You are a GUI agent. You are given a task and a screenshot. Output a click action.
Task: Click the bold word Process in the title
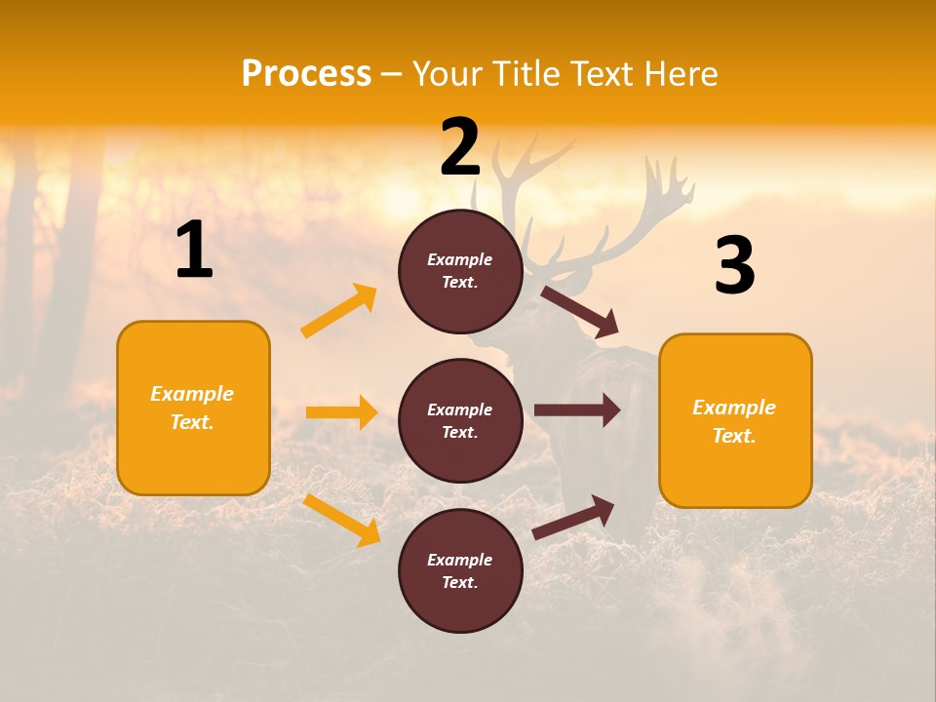click(x=306, y=74)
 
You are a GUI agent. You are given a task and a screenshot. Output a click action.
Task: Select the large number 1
click(x=194, y=252)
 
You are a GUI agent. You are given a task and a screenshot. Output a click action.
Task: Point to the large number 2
click(x=460, y=147)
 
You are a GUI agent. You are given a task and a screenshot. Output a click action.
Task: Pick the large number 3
click(x=734, y=266)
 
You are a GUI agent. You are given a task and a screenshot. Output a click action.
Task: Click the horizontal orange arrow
click(x=341, y=412)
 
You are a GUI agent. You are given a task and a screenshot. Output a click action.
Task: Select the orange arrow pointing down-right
click(x=342, y=520)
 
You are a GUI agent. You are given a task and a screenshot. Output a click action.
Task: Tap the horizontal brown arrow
click(x=577, y=410)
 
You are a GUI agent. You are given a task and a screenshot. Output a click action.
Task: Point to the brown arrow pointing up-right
click(x=574, y=518)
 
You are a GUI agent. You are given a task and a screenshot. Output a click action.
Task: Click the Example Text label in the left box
click(x=192, y=408)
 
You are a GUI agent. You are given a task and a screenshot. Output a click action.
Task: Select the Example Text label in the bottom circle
click(x=459, y=571)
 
